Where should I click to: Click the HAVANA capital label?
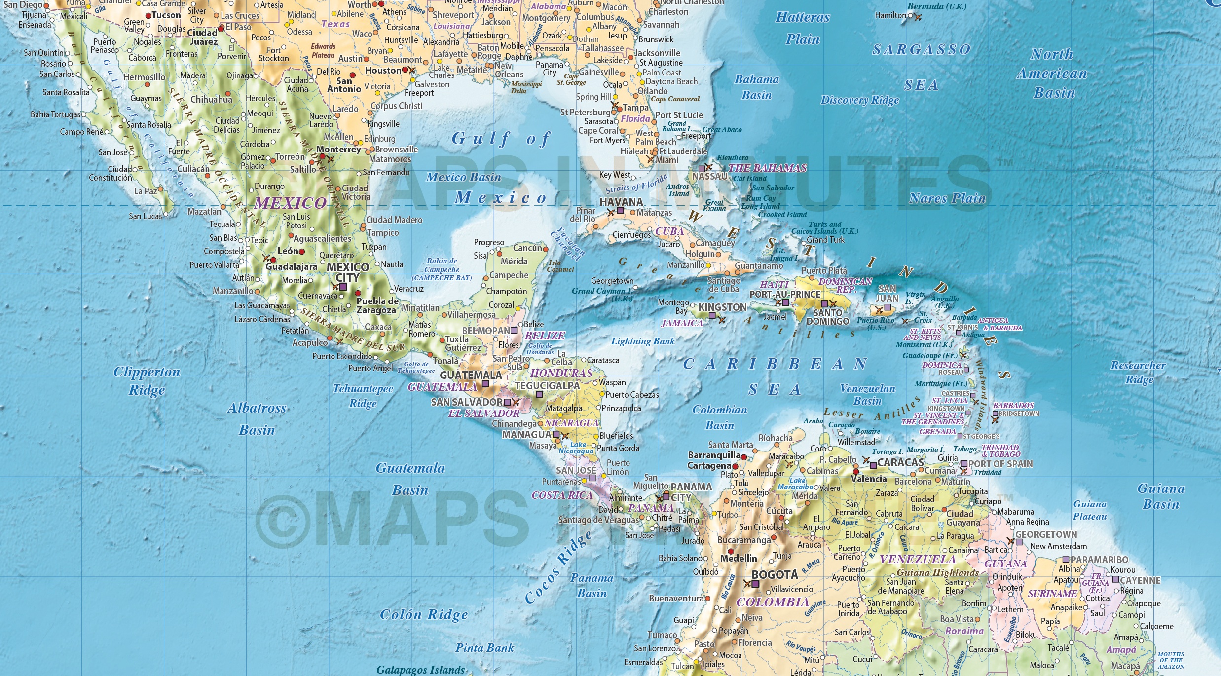pyautogui.click(x=621, y=202)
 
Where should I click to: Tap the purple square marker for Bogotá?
pyautogui.click(x=755, y=584)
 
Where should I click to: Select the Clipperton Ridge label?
pyautogui.click(x=147, y=380)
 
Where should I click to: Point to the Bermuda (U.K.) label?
pyautogui.click(x=937, y=6)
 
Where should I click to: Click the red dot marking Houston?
pyautogui.click(x=405, y=70)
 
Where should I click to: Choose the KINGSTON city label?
pyautogui.click(x=722, y=307)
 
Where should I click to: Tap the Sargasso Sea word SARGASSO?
pyautogui.click(x=921, y=49)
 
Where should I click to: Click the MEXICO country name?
pyautogui.click(x=290, y=203)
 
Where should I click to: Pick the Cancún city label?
pyautogui.click(x=527, y=248)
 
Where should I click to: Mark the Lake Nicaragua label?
pyautogui.click(x=576, y=448)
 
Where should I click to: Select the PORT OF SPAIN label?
pyautogui.click(x=1000, y=464)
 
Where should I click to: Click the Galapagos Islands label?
pyautogui.click(x=420, y=670)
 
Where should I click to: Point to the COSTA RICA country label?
pyautogui.click(x=561, y=495)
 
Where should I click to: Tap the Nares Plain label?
pyautogui.click(x=947, y=198)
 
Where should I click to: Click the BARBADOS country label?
pyautogui.click(x=1013, y=405)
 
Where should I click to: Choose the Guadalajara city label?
pyautogui.click(x=291, y=266)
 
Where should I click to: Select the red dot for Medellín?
pyautogui.click(x=731, y=551)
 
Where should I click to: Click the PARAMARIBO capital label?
pyautogui.click(x=1099, y=560)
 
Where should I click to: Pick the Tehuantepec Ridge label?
pyautogui.click(x=363, y=396)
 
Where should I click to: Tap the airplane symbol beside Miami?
pyautogui.click(x=651, y=159)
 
